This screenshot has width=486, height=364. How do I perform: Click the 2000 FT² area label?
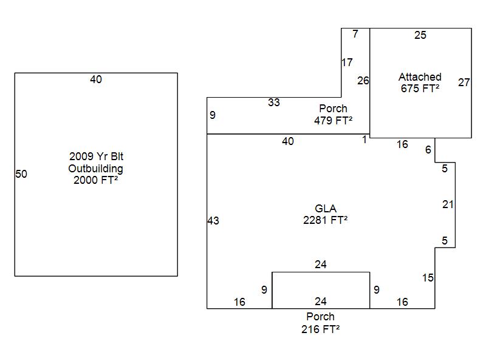point(95,180)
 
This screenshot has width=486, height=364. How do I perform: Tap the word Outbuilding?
point(95,169)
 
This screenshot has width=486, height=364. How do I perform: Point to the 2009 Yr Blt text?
point(96,157)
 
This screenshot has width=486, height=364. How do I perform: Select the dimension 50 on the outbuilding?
point(21,174)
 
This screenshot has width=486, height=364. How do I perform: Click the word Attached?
point(420,77)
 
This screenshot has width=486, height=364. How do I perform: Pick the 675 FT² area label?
point(420,89)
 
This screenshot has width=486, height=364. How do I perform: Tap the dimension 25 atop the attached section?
point(420,35)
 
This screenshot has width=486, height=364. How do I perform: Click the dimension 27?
point(464,83)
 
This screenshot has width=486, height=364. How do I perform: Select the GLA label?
point(326,209)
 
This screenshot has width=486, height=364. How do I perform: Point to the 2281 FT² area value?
point(326,221)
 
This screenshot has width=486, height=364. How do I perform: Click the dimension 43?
point(213,221)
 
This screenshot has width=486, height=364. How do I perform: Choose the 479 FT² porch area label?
point(333,121)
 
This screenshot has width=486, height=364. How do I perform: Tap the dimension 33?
point(274,103)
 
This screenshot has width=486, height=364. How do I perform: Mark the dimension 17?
point(347,62)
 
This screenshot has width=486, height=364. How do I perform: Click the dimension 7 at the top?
point(355,34)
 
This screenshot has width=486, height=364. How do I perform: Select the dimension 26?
point(363,80)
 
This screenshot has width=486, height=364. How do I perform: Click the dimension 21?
point(448,204)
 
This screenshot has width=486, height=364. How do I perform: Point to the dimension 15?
point(428,278)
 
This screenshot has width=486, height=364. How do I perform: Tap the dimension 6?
point(428,150)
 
